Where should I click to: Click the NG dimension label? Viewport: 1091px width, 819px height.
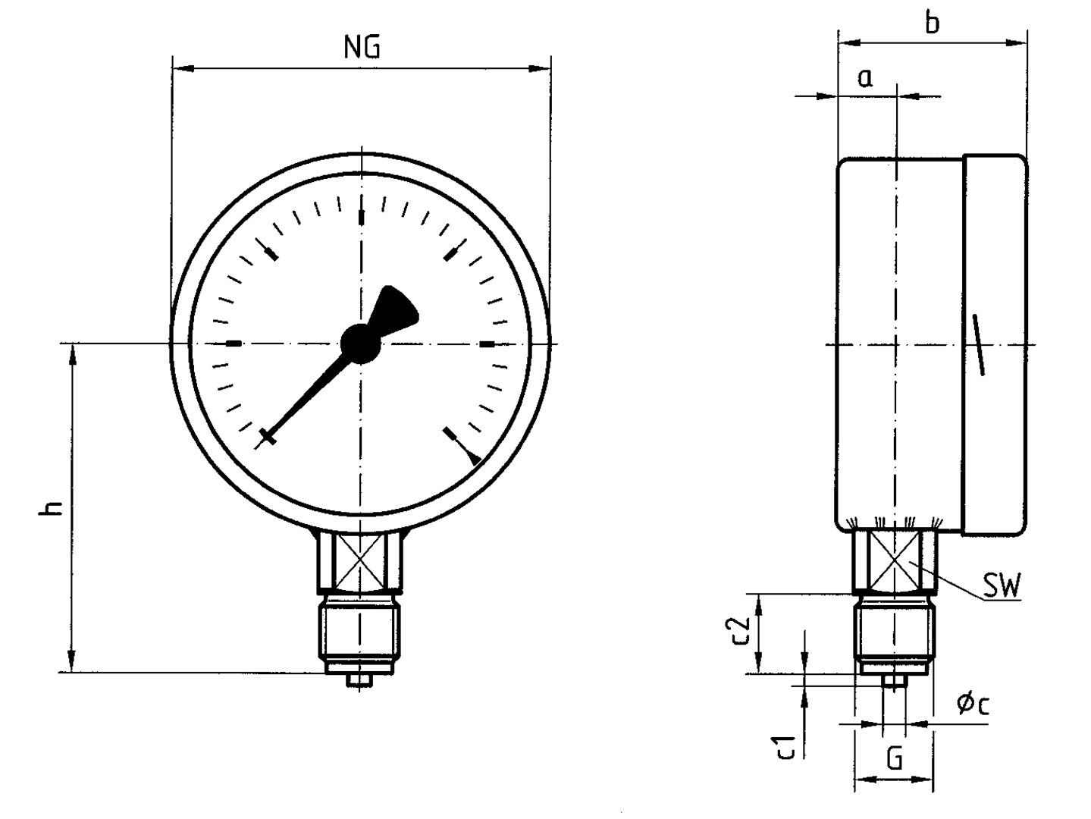(362, 47)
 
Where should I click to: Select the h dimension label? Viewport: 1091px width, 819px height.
(52, 507)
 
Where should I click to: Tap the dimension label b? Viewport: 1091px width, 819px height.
(932, 23)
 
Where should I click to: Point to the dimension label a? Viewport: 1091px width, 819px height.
(865, 77)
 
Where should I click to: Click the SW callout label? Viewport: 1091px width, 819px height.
(1002, 585)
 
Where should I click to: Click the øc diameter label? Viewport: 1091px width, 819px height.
(973, 704)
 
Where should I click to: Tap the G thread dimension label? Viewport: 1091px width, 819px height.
(895, 758)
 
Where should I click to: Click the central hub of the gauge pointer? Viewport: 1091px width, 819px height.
(360, 344)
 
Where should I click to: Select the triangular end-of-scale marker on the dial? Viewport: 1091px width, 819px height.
(474, 458)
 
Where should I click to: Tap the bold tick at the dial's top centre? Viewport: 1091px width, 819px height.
(361, 217)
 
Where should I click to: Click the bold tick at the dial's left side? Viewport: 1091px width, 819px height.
(234, 344)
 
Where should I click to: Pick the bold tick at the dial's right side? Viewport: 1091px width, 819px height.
(487, 344)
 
